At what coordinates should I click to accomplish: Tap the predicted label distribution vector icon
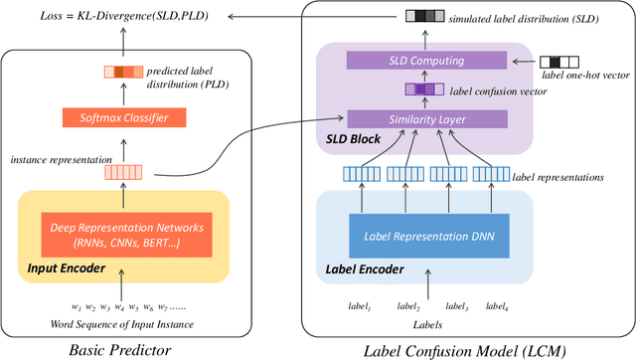(x=123, y=71)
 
